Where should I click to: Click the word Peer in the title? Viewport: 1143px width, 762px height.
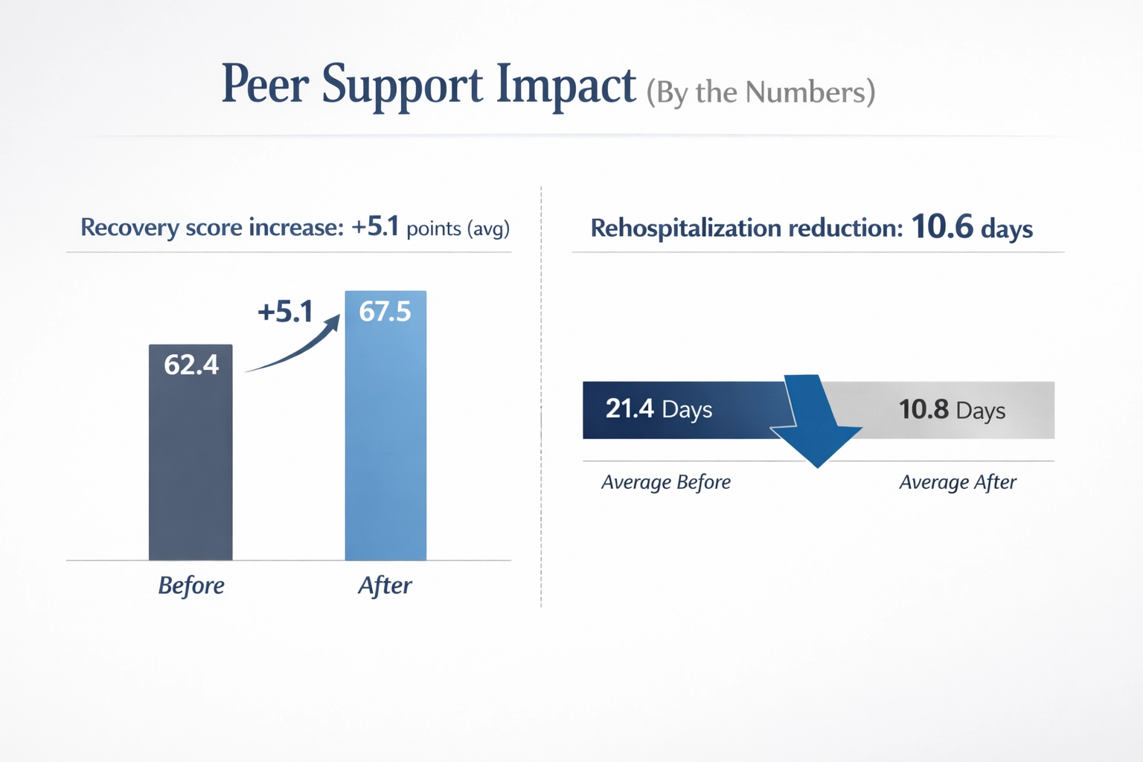[x=265, y=84]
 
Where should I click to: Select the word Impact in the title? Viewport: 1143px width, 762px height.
[x=566, y=86]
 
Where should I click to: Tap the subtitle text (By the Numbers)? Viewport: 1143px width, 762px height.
[x=760, y=92]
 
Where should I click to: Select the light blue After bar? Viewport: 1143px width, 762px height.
[x=385, y=446]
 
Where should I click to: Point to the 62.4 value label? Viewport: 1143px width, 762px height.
[x=191, y=365]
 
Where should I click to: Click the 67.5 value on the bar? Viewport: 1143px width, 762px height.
[x=385, y=311]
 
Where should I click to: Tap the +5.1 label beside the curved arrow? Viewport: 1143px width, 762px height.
[x=285, y=312]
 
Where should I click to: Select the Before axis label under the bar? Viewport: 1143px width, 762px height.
[x=191, y=586]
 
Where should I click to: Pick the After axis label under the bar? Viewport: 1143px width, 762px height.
[x=385, y=586]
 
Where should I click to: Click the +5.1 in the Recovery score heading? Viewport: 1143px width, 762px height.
[x=375, y=226]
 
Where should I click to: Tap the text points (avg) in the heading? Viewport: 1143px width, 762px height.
[x=458, y=228]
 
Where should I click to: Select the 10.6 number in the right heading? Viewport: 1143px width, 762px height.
[x=941, y=227]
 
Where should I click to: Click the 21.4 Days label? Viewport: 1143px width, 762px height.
[x=659, y=409]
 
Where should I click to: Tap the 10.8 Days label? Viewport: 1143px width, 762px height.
[x=952, y=410]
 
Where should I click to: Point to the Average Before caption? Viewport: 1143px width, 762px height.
[x=666, y=482]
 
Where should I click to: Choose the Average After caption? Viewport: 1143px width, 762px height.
[x=958, y=482]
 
